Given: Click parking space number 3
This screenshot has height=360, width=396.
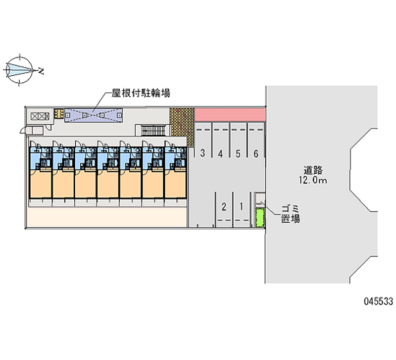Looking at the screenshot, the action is (x=202, y=153).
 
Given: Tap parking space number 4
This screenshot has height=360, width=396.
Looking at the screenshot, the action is (x=220, y=154).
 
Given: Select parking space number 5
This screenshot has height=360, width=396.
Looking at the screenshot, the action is (x=238, y=154).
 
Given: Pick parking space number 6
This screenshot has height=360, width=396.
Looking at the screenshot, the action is (x=256, y=154).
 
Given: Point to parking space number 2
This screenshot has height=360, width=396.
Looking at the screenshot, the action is (x=224, y=206).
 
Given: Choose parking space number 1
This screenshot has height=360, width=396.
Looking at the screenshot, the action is (x=242, y=206).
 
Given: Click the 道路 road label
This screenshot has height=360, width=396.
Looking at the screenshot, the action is (x=313, y=170).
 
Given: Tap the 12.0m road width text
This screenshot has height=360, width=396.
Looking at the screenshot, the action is (x=313, y=180).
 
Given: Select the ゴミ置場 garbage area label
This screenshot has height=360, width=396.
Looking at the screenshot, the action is (x=291, y=214).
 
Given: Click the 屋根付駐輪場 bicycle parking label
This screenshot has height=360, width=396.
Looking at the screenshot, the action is (x=141, y=93).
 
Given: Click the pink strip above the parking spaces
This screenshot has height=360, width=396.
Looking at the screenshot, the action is (x=230, y=115).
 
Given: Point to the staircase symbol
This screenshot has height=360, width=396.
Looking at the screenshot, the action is (x=153, y=130).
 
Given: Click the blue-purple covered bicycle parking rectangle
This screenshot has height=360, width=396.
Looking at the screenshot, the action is (x=94, y=115).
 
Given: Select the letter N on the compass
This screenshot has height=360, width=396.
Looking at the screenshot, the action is (x=41, y=71).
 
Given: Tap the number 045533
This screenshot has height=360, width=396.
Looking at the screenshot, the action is (x=378, y=301).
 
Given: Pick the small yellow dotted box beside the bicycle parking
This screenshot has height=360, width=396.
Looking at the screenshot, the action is (x=58, y=113).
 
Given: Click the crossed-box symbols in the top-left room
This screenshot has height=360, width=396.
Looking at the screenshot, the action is (x=40, y=116).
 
